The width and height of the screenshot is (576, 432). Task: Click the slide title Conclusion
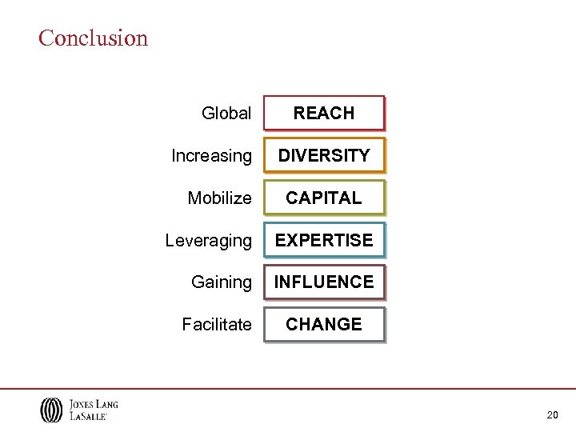tap(94, 38)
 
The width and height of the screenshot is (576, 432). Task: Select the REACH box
tap(324, 114)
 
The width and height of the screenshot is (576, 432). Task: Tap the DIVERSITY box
tap(324, 155)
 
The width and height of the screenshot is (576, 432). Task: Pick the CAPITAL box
tap(324, 198)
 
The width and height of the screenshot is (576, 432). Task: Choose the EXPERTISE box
tap(324, 240)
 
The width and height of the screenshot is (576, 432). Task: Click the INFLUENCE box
tap(324, 282)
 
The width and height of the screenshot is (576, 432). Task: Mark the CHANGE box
tap(324, 324)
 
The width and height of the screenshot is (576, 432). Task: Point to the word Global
tap(226, 114)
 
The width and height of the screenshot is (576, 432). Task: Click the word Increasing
tap(211, 156)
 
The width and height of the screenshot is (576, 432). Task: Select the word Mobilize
tap(219, 198)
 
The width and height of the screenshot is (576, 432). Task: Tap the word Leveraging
tap(208, 241)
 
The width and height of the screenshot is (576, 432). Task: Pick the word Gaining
tap(222, 282)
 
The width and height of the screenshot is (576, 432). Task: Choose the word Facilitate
tap(217, 325)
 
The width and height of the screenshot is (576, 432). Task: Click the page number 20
tap(552, 415)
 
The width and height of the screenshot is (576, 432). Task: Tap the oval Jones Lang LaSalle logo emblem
tap(51, 410)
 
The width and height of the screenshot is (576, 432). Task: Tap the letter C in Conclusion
tap(46, 38)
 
